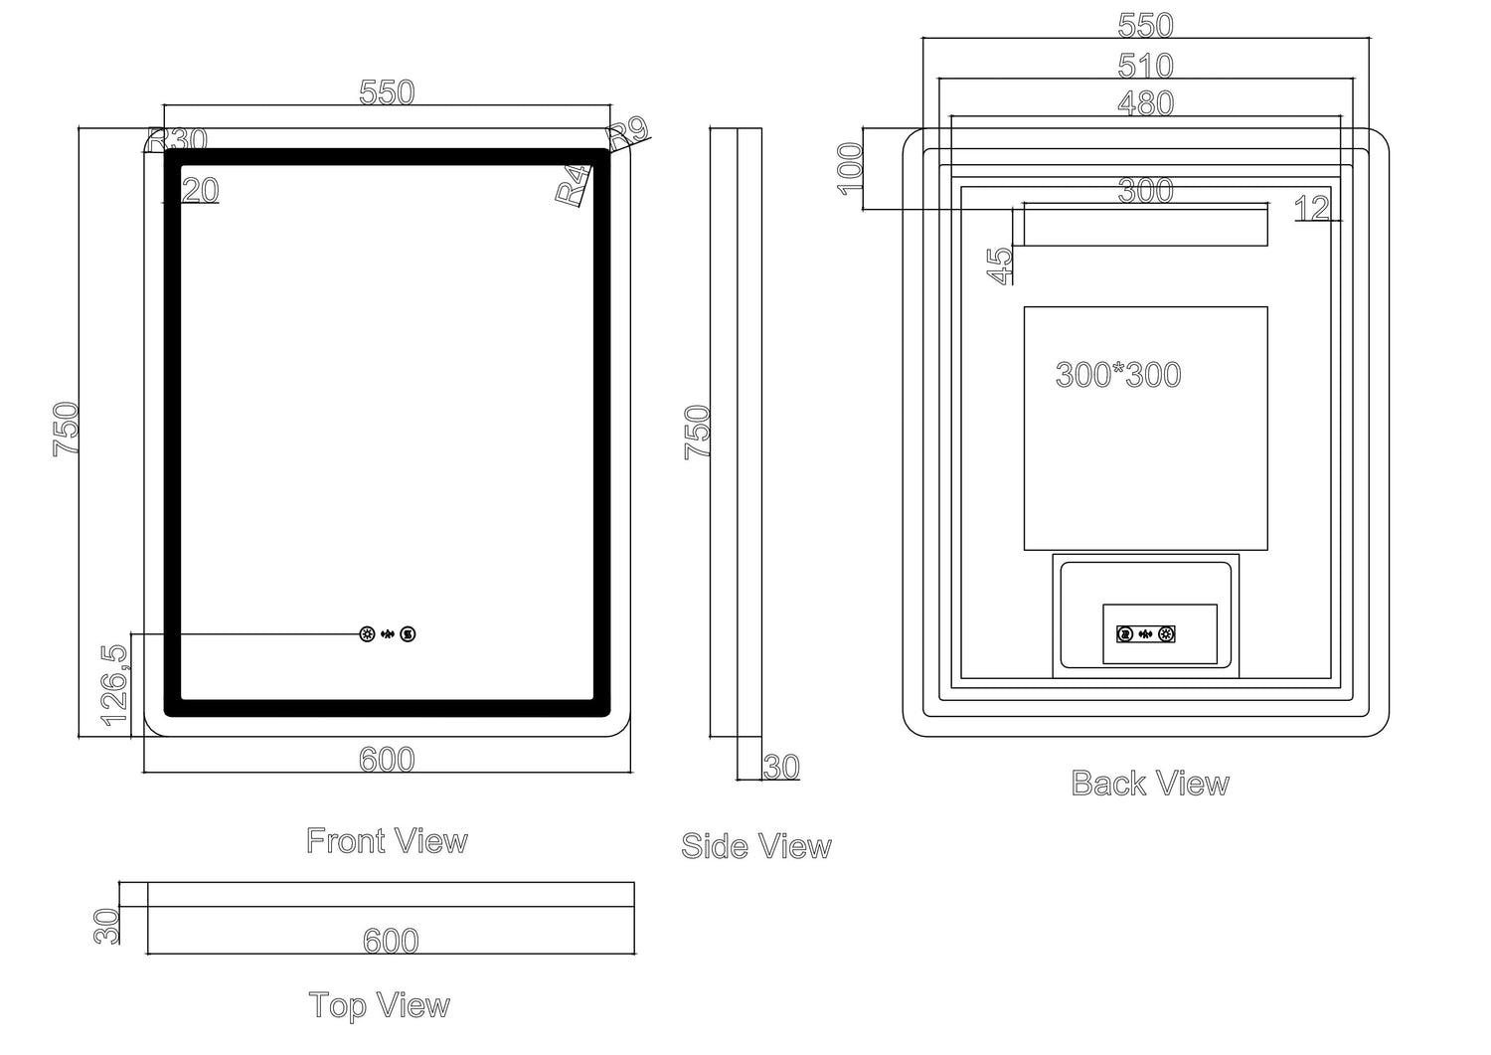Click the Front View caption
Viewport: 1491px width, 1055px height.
(x=387, y=841)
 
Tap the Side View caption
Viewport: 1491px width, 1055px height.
(x=755, y=846)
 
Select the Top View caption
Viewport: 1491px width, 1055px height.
(x=379, y=1005)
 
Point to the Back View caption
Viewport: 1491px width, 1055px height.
(x=1150, y=784)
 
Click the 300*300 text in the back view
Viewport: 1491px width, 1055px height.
(x=1118, y=375)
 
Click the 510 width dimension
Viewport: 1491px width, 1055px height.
(x=1145, y=66)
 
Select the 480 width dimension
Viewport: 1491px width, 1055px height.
(x=1145, y=102)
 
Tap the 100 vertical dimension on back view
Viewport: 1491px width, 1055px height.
(x=851, y=168)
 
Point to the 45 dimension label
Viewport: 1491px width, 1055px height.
(x=1000, y=265)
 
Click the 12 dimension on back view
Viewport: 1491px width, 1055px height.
(x=1312, y=209)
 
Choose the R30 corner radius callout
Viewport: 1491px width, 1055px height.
(x=177, y=139)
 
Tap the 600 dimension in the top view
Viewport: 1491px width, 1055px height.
(x=391, y=940)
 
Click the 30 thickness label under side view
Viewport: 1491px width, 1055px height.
(x=781, y=767)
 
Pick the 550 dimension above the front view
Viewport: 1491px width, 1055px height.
(x=386, y=92)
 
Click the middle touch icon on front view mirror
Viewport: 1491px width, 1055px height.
(x=388, y=634)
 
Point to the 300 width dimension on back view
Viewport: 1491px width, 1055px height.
(x=1145, y=190)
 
